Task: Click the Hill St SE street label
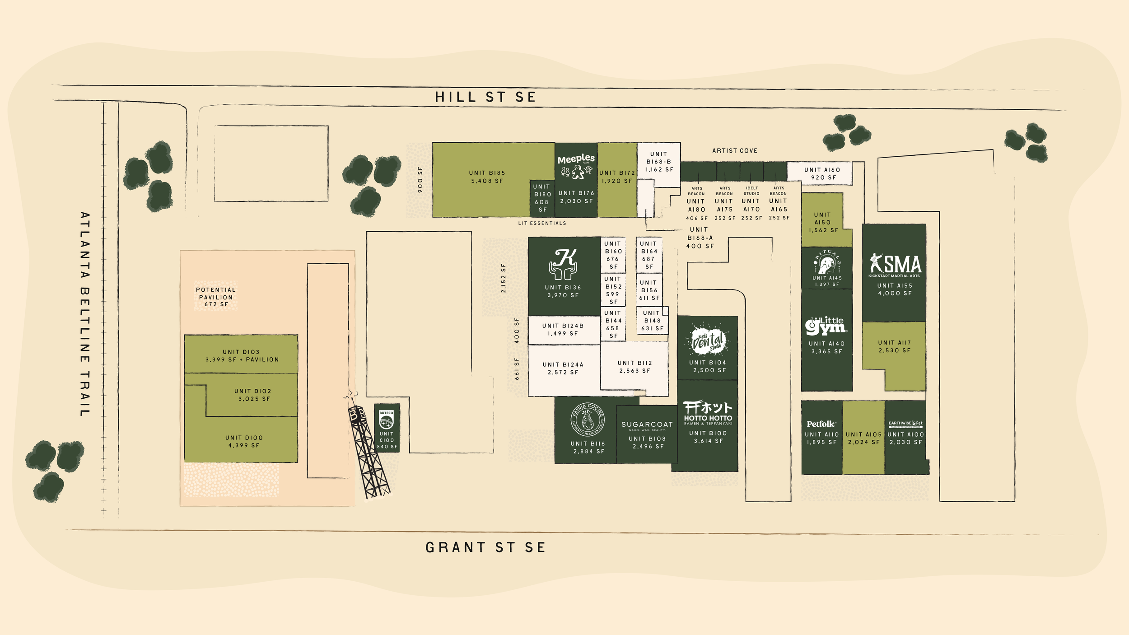[x=485, y=97]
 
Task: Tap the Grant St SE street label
[x=485, y=547]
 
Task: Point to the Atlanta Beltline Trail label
[x=85, y=314]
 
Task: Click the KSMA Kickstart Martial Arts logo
[x=895, y=266]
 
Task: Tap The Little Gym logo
[x=826, y=325]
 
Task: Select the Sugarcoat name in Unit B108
[x=647, y=425]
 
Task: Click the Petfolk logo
[x=821, y=424]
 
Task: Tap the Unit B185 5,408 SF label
[x=487, y=177]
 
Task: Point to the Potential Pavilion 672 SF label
[x=215, y=297]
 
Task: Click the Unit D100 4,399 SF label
[x=244, y=441]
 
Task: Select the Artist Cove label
[x=735, y=151]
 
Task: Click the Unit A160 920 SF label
[x=822, y=173]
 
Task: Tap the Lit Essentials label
[x=542, y=223]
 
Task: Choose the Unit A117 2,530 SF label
[x=894, y=346]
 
